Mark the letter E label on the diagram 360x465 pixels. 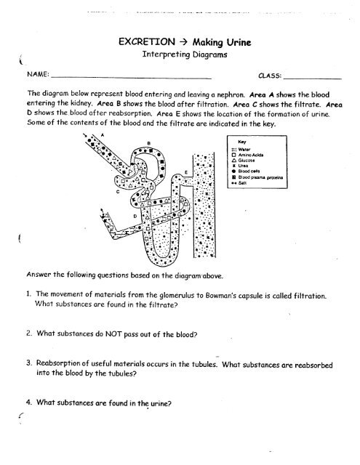(187, 173)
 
